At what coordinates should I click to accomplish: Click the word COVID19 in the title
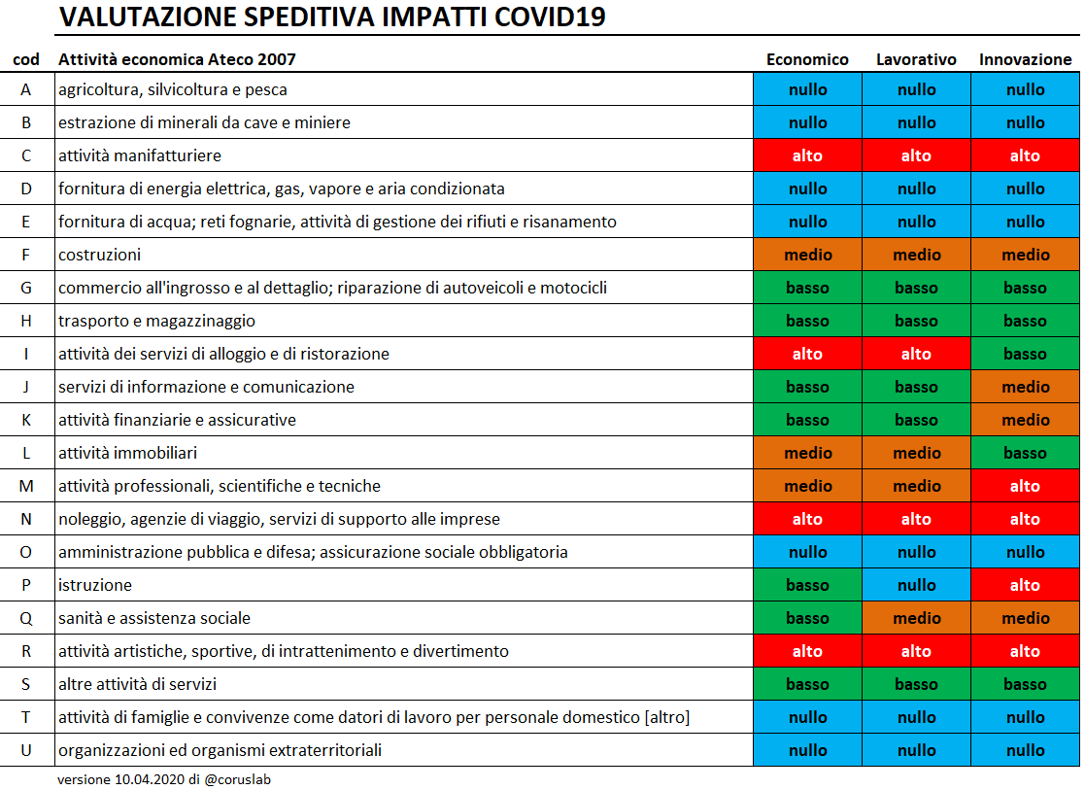click(550, 17)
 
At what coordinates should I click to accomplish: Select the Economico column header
click(807, 59)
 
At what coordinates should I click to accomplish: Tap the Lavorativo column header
click(916, 59)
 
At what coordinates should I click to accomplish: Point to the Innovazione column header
click(1025, 59)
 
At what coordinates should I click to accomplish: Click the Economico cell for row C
click(807, 155)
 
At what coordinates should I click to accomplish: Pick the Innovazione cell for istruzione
click(1025, 584)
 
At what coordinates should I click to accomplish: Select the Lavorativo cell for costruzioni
click(916, 254)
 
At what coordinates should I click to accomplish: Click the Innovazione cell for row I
click(1025, 353)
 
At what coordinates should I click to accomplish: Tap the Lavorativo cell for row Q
click(916, 618)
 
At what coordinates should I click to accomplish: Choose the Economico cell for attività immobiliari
click(807, 452)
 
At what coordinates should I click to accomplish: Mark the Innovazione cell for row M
click(1025, 485)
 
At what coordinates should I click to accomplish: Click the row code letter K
click(26, 420)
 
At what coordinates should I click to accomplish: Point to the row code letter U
click(26, 750)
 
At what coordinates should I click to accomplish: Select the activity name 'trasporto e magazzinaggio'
click(156, 321)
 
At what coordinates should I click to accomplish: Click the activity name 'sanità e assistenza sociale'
click(154, 618)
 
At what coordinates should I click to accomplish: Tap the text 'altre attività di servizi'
click(137, 684)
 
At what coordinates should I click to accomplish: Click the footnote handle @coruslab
click(237, 779)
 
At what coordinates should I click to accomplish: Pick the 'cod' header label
click(26, 59)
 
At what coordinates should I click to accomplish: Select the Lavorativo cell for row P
click(916, 584)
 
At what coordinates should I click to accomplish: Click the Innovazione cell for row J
click(1025, 387)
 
